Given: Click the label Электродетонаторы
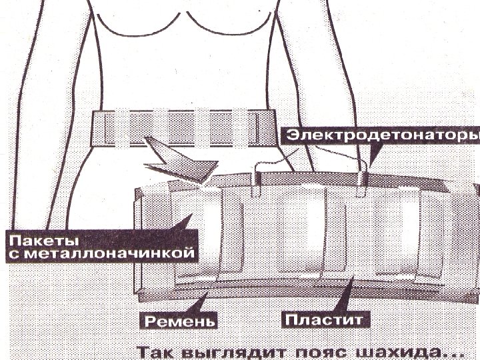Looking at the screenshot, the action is pyautogui.click(x=383, y=136).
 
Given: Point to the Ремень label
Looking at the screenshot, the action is pyautogui.click(x=178, y=321).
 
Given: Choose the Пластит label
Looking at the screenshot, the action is pyautogui.click(x=325, y=320).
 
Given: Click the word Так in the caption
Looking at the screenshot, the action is pyautogui.click(x=154, y=351).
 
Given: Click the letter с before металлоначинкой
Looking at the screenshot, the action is pyautogui.click(x=12, y=254).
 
